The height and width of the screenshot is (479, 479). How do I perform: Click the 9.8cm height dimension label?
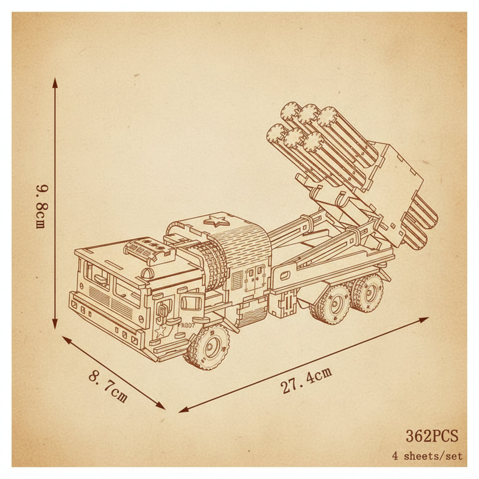pos(41,206)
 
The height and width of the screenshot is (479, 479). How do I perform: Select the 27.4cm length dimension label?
pos(306,380)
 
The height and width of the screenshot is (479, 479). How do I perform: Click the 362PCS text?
pos(432,435)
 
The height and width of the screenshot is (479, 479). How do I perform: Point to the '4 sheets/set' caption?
pos(427,457)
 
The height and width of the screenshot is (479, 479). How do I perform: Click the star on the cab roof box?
pos(217,221)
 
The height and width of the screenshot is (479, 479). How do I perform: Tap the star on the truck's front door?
pos(160,331)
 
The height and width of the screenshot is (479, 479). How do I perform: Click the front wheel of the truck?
pos(209,347)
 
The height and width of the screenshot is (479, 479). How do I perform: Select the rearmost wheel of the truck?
pos(367,293)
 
